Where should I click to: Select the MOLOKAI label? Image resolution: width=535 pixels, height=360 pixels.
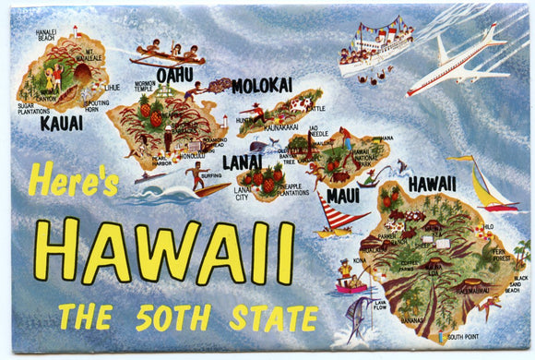(261, 86)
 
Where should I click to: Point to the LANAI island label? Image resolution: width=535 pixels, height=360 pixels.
(242, 161)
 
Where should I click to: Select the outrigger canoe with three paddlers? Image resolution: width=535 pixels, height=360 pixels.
(166, 54)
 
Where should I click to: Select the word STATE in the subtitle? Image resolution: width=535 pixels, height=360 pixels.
(267, 317)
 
